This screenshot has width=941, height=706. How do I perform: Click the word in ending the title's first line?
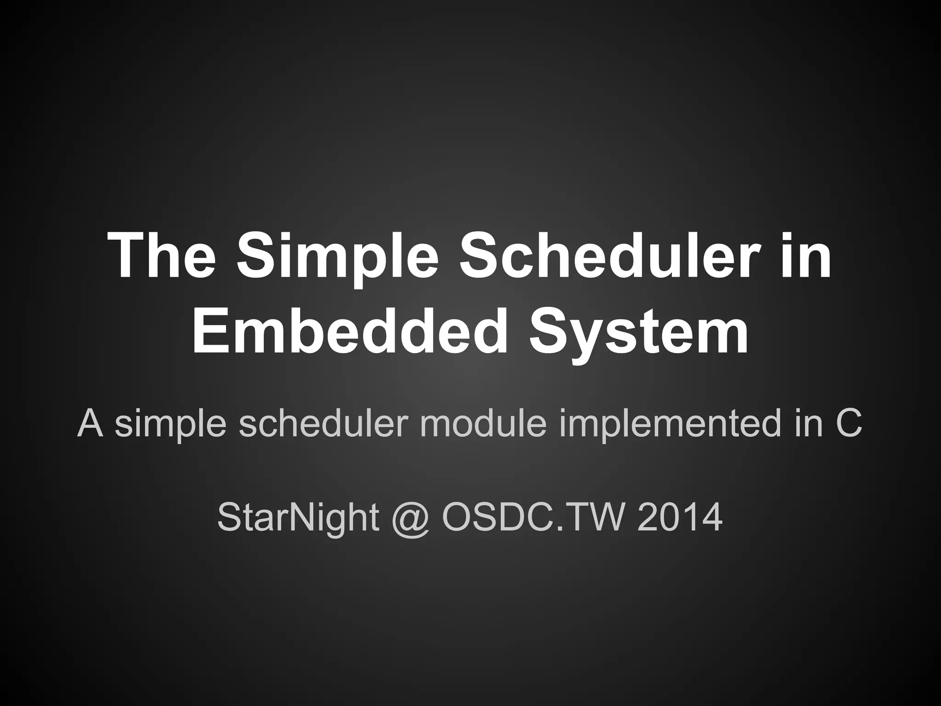[806, 256]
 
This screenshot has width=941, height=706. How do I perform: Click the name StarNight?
[298, 518]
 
